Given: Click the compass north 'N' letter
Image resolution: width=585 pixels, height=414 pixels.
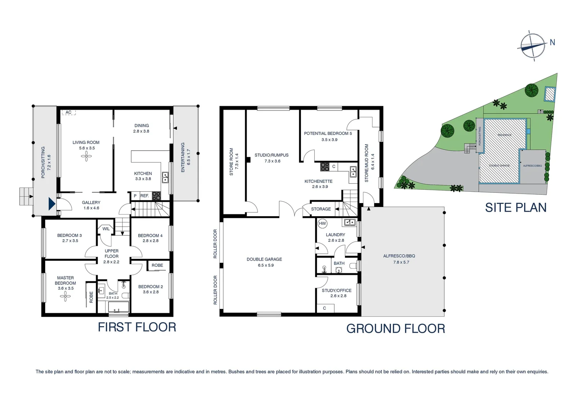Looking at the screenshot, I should tap(552, 43).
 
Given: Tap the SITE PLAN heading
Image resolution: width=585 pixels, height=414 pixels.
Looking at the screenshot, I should tap(515, 207).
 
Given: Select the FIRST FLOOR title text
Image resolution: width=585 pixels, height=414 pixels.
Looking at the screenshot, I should tap(137, 327).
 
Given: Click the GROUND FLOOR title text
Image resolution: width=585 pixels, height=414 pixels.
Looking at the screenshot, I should tap(395, 329).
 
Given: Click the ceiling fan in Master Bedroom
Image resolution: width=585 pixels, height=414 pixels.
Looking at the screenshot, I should tap(65, 295).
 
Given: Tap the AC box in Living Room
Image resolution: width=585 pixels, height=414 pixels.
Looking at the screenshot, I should tap(69, 112).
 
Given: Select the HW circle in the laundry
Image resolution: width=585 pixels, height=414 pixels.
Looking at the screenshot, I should tap(322, 223).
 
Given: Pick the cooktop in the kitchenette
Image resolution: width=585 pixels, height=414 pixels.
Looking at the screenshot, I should tap(325, 167).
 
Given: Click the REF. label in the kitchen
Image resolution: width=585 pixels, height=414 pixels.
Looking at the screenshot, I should tap(144, 196).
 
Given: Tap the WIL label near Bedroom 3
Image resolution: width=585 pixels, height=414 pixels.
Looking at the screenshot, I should tap(106, 229).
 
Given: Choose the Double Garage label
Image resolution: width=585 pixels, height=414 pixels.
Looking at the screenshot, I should tap(264, 260).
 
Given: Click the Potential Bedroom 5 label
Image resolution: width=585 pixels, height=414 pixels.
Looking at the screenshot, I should tap(328, 133).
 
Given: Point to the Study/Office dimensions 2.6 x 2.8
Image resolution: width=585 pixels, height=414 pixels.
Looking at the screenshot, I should tap(338, 296).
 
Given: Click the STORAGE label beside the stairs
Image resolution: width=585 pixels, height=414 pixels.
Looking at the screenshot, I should tap(321, 209).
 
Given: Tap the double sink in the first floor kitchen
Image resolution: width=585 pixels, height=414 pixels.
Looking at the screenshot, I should tap(165, 177).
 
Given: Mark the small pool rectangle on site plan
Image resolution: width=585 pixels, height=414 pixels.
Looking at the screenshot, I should tap(549, 94).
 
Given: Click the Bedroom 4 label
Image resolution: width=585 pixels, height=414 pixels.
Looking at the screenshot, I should tap(150, 236).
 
